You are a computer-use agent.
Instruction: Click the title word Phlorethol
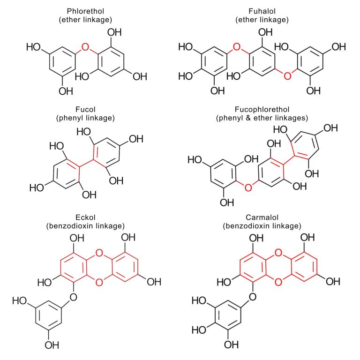coord(89,11)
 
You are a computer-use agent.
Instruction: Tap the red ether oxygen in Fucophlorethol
coord(248,188)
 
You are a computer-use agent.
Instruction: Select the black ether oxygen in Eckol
coord(73,297)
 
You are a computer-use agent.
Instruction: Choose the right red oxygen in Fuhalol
coord(288,75)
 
